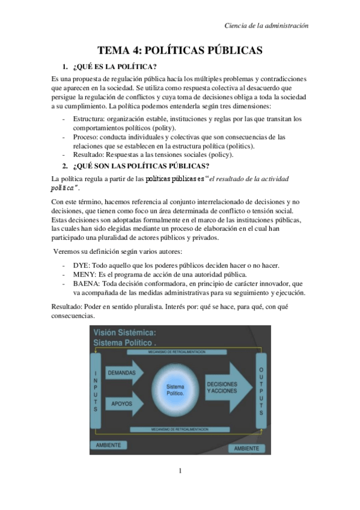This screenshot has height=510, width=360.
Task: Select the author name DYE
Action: [x=81, y=266]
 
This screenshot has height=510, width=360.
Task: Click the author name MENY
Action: [x=84, y=275]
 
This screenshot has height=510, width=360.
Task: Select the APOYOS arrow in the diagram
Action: [x=124, y=404]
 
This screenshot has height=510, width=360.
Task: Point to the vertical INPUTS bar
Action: [x=95, y=391]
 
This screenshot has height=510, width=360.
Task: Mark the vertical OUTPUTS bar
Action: [x=260, y=391]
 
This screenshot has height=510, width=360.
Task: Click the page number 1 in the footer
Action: [x=180, y=470]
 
